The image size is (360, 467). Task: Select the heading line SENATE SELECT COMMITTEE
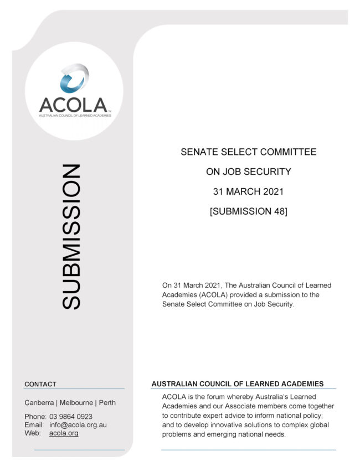249,152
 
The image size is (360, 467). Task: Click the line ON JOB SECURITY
249,172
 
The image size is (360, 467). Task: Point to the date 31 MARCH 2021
249,191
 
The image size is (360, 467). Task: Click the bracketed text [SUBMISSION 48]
249,211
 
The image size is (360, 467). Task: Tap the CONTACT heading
40,384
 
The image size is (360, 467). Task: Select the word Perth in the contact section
107,402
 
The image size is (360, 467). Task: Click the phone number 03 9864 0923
71,417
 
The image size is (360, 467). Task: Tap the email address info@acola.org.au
78,425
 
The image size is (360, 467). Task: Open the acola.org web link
64,433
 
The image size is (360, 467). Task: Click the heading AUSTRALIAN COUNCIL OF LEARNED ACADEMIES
238,384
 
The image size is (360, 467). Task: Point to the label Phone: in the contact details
35,417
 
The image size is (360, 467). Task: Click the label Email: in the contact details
34,425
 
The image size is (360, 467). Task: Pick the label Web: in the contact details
33,433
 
